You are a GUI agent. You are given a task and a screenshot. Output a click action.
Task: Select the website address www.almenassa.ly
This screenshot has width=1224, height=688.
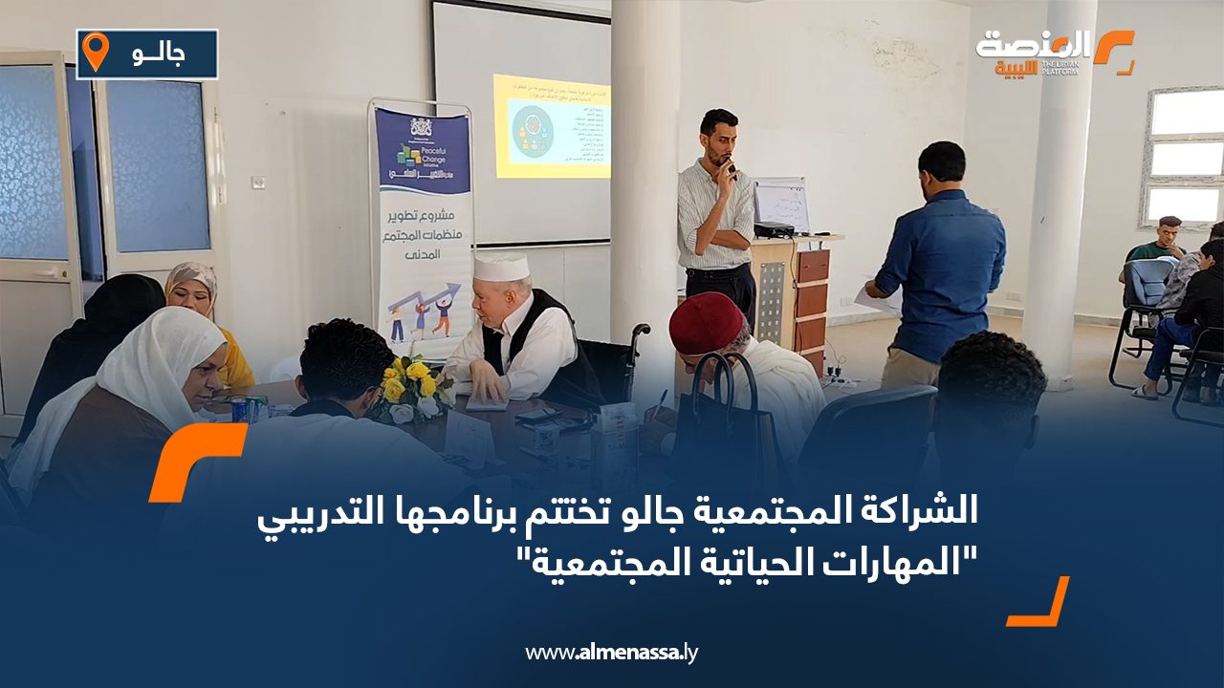[612, 653]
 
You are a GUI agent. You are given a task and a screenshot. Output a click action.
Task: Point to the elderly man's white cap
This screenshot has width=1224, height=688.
[501, 267]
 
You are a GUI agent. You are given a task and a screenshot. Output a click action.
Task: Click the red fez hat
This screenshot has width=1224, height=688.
[706, 321]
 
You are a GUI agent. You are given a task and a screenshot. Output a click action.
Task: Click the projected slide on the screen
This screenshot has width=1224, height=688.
[552, 125]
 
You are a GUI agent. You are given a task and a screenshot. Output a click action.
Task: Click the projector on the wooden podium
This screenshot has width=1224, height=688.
[774, 229]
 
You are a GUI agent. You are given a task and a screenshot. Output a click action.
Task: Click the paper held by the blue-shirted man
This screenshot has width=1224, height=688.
[874, 296]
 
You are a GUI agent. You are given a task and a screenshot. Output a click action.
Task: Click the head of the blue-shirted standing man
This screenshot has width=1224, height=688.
[942, 161]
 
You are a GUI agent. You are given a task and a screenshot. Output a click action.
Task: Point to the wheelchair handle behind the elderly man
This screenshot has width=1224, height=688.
[638, 333]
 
